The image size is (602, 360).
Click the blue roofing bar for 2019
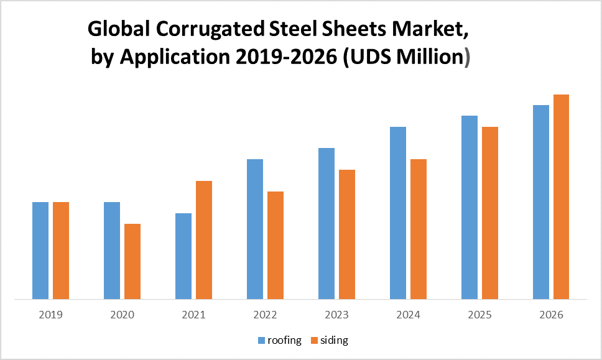pos(40,250)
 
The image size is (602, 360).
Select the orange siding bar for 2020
pos(132,261)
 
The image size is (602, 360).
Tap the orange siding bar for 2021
pos(203,239)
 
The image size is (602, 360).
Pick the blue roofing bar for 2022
pos(255,229)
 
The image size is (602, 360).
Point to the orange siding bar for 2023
pos(346,234)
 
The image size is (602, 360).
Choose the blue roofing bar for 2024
pos(398,213)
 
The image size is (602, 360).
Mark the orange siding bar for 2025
pos(489,213)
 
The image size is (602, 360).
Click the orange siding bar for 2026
pos(561,196)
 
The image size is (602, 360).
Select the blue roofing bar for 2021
pos(183,256)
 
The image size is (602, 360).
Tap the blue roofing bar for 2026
pos(541,202)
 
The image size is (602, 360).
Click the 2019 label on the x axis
pos(50,315)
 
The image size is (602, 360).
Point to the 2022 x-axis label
pos(265,315)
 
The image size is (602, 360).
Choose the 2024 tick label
pos(408,315)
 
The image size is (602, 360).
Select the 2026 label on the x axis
pos(551,315)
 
